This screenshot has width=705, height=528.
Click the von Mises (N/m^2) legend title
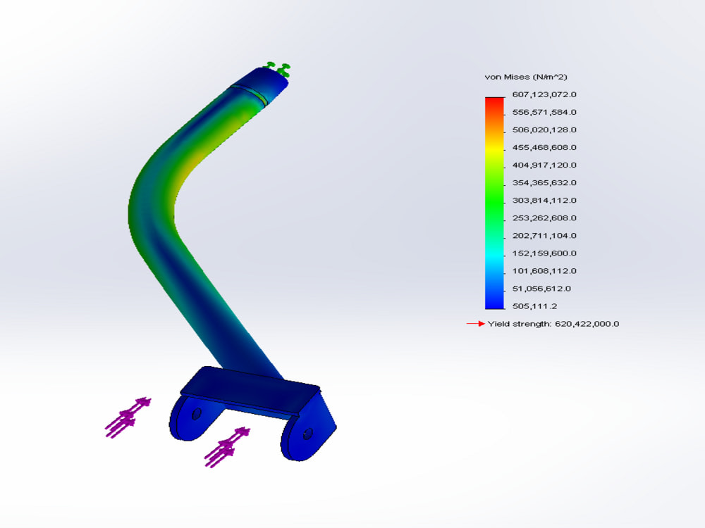click(526, 77)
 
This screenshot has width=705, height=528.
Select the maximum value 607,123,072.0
click(544, 94)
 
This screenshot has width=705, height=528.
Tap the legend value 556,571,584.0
click(544, 112)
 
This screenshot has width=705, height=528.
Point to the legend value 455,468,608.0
click(544, 147)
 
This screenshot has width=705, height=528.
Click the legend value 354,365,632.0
click(544, 183)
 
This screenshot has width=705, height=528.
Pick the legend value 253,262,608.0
click(544, 218)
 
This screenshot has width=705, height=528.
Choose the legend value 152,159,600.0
click(544, 253)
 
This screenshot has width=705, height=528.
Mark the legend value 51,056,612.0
click(541, 289)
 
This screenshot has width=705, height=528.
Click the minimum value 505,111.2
click(534, 306)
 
